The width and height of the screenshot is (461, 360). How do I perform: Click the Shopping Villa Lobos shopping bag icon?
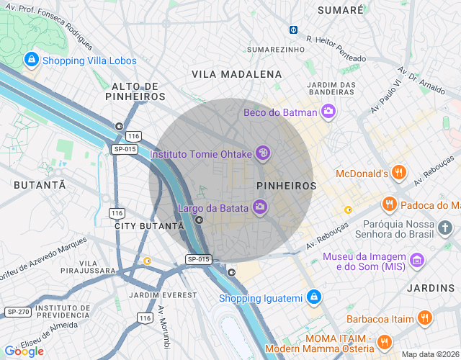pyautogui.click(x=31, y=60)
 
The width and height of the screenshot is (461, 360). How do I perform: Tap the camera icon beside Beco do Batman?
pyautogui.click(x=328, y=112)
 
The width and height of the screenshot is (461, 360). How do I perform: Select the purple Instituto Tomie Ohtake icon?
pyautogui.click(x=264, y=153)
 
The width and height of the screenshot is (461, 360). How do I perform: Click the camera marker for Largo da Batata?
pyautogui.click(x=260, y=209)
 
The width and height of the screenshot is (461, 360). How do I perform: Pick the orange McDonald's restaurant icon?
pyautogui.click(x=400, y=173)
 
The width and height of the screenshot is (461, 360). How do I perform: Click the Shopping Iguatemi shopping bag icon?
pyautogui.click(x=313, y=297)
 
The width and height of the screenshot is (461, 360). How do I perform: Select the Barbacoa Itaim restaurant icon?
pyautogui.click(x=426, y=318)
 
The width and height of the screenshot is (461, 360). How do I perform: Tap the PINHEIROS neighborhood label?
pyautogui.click(x=286, y=186)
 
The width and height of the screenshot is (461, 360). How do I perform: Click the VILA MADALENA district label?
pyautogui.click(x=237, y=74)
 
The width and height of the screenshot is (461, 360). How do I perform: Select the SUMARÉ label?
pyautogui.click(x=341, y=10)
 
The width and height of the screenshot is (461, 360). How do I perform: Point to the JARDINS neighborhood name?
pyautogui.click(x=431, y=288)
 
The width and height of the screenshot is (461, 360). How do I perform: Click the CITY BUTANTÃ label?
pyautogui.click(x=145, y=226)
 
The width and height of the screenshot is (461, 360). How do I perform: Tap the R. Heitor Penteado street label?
pyautogui.click(x=336, y=49)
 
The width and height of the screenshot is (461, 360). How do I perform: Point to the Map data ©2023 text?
pyautogui.click(x=429, y=354)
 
